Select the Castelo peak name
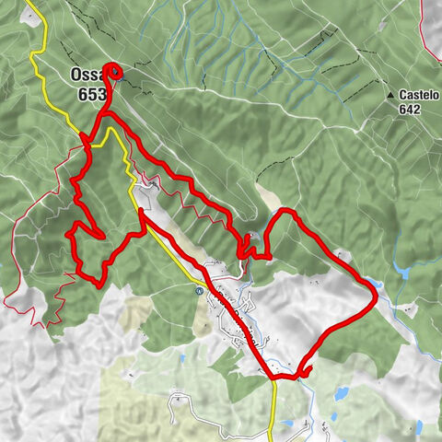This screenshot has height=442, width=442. (420, 95)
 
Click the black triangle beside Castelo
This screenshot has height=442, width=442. (390, 95)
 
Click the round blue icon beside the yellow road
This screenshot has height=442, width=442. (199, 290)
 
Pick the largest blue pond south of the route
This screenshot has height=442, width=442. (341, 393)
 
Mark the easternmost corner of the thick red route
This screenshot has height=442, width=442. (378, 293)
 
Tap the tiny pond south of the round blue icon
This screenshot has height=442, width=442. (199, 321)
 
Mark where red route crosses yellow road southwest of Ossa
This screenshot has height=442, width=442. (86, 141)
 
